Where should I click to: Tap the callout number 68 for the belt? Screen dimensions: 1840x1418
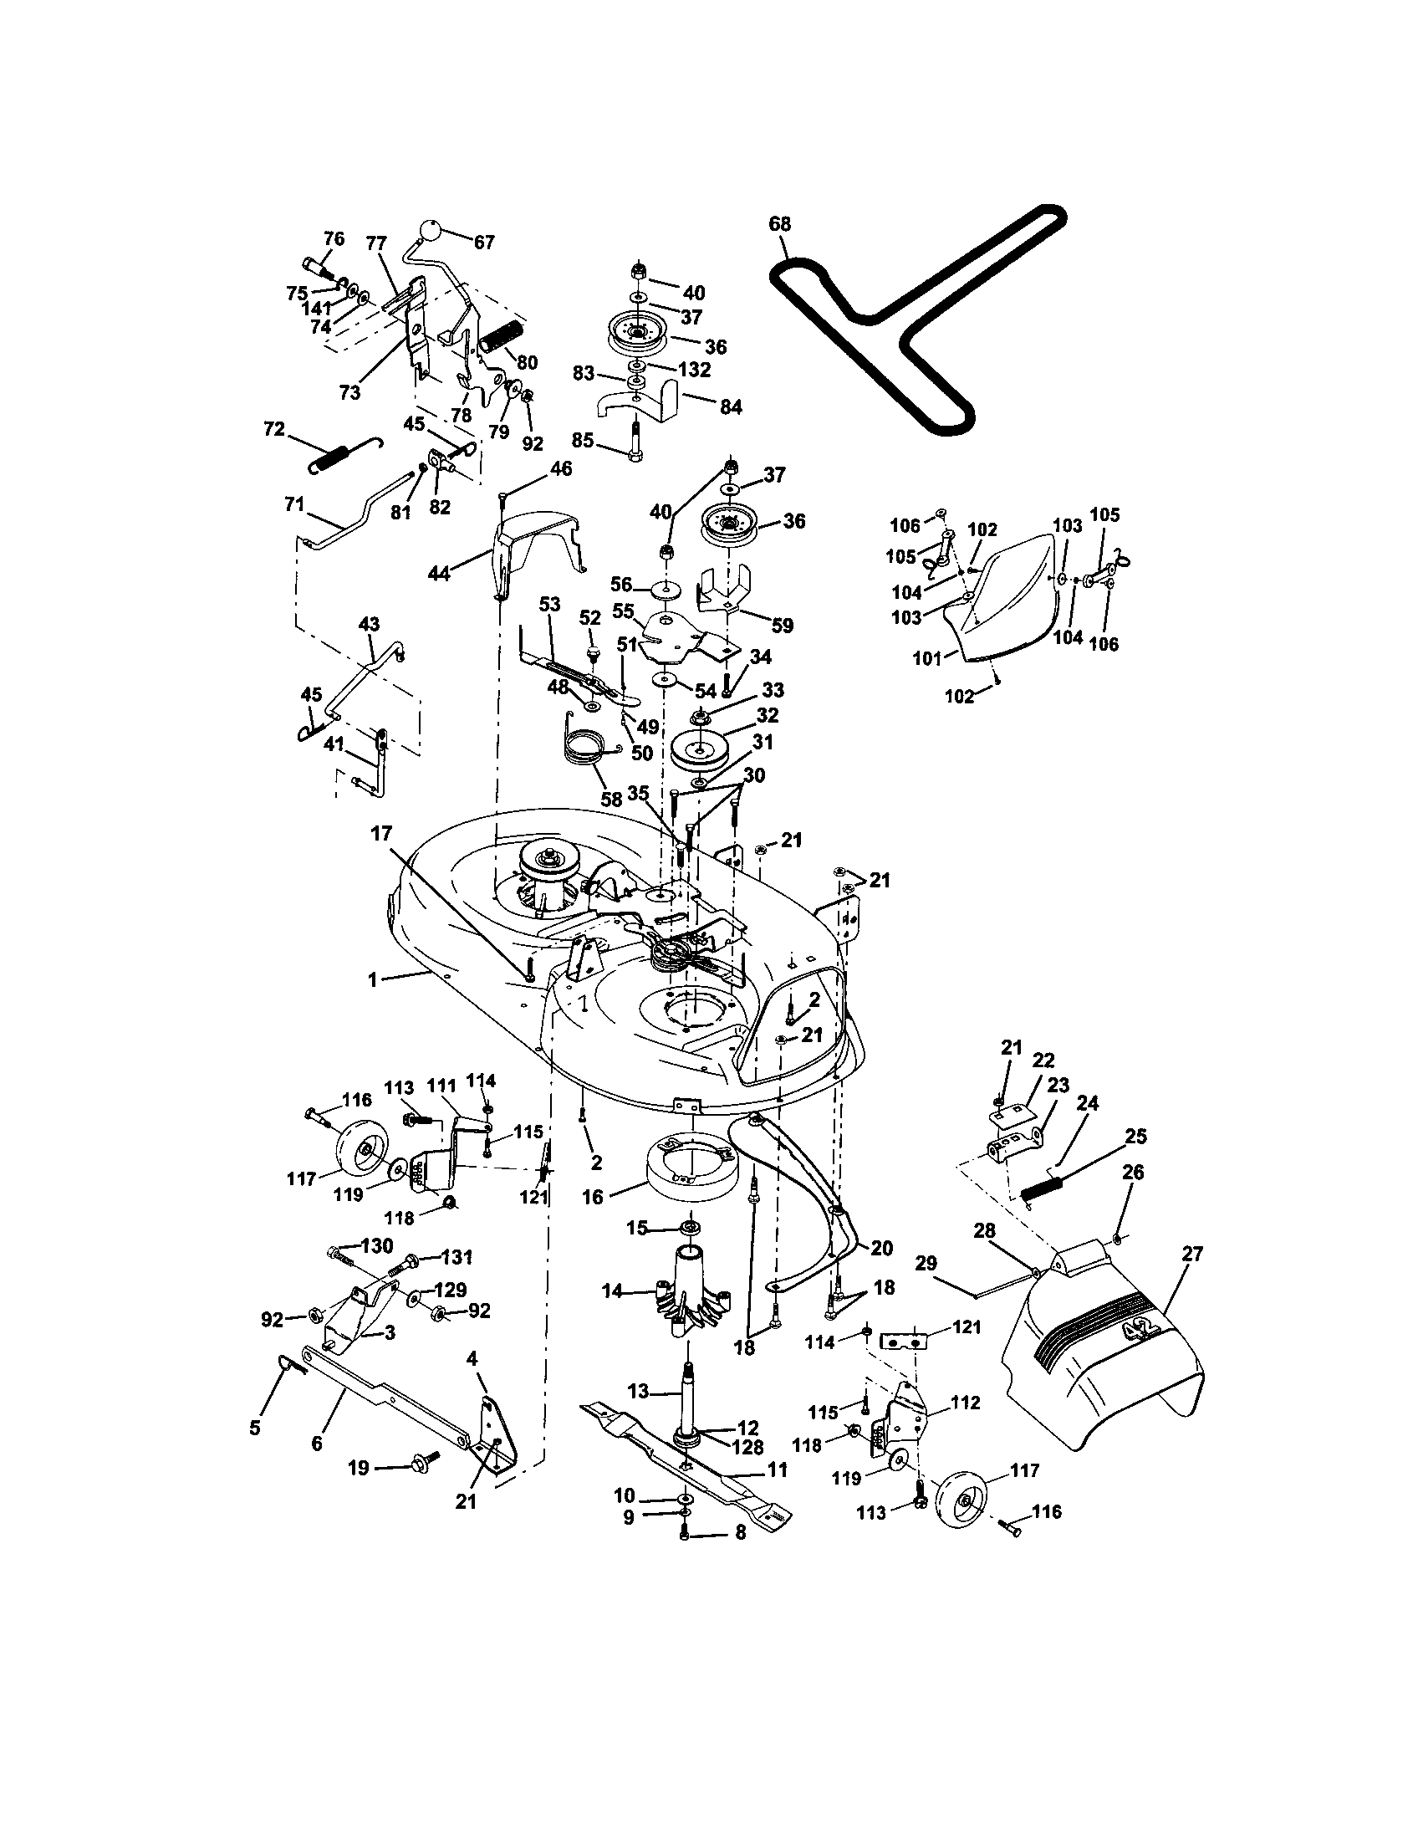(x=780, y=224)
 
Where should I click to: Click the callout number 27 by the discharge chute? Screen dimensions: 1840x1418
(x=1191, y=1255)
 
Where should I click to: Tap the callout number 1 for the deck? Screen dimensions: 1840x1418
(x=371, y=980)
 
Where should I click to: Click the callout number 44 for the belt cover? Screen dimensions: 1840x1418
(x=439, y=574)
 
